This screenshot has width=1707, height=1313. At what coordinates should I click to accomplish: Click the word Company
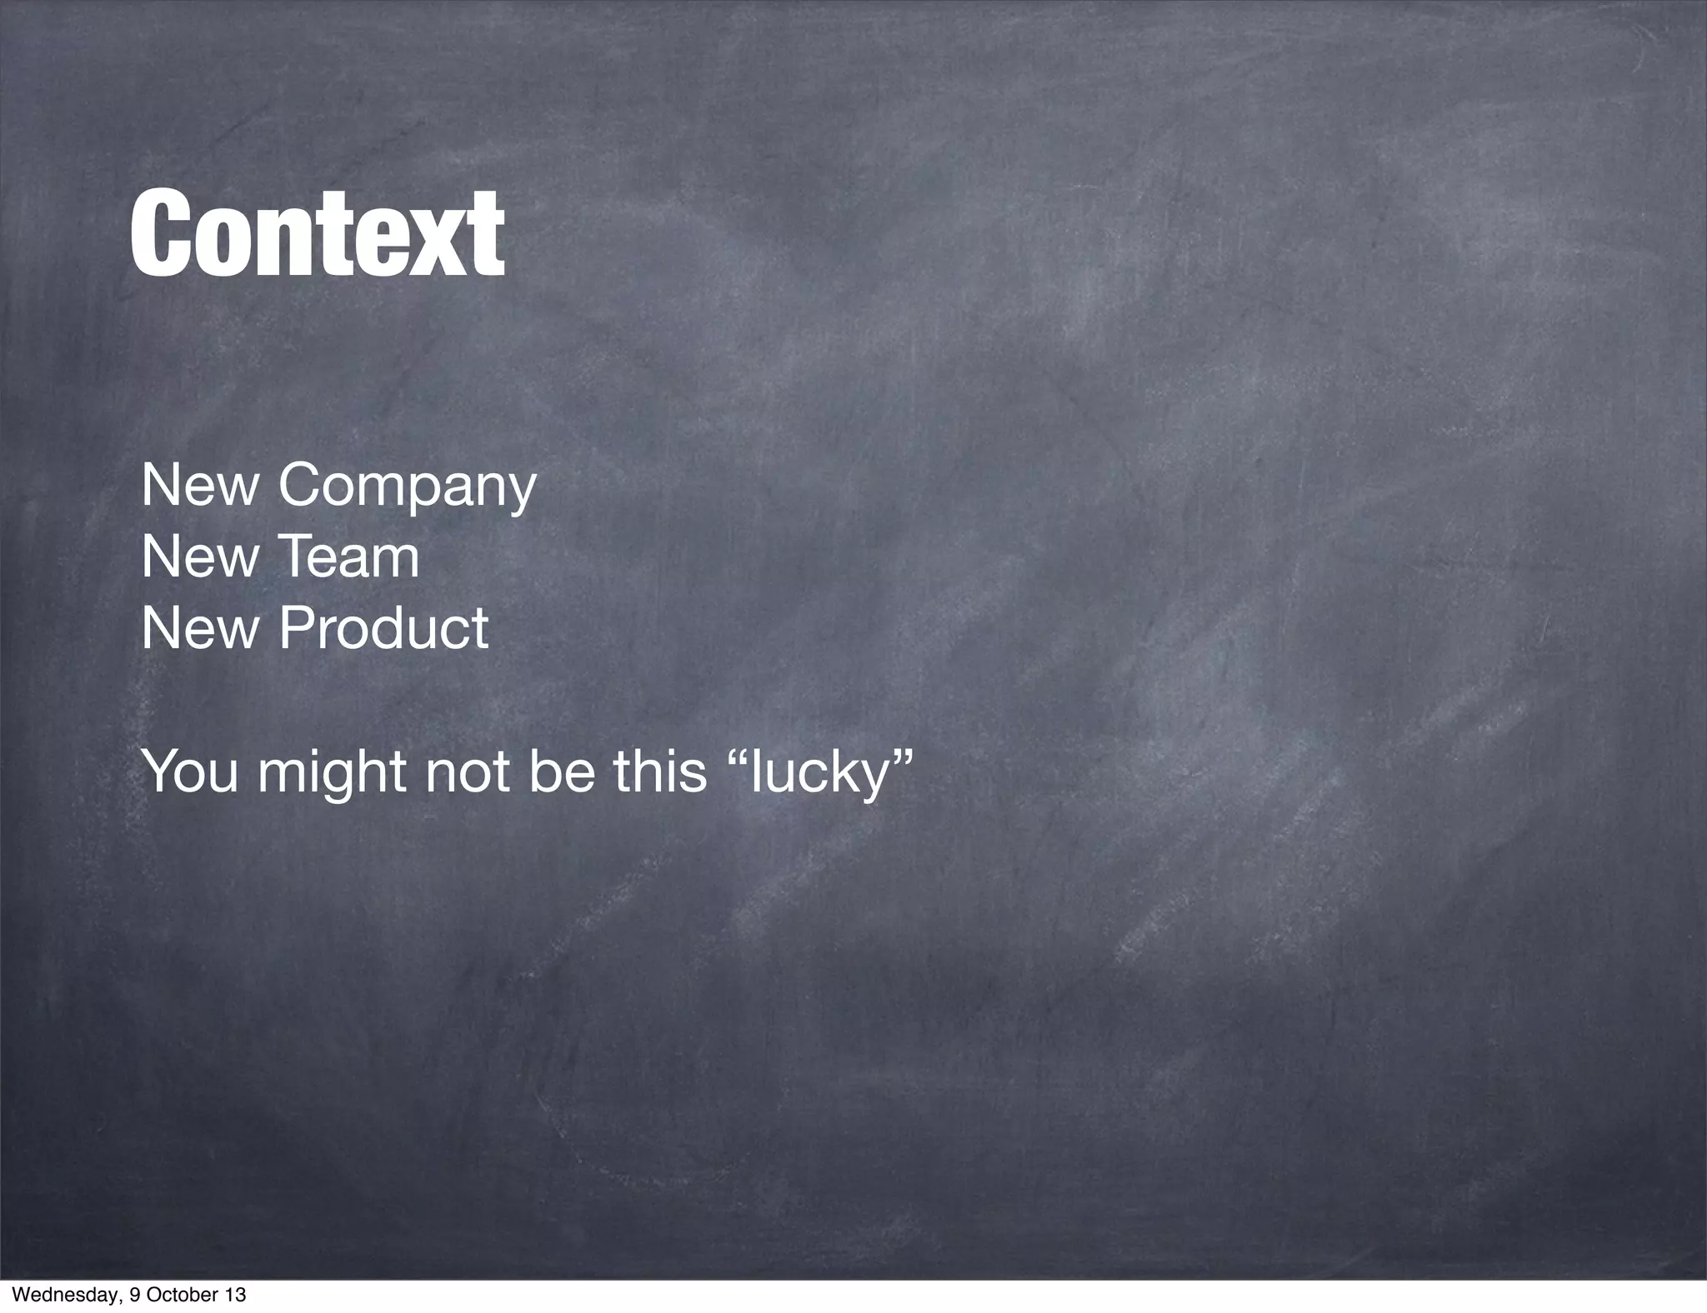[x=407, y=487]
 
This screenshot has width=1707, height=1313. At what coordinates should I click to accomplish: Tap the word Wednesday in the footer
[x=56, y=1296]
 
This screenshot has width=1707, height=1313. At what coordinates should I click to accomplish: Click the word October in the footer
[x=183, y=1296]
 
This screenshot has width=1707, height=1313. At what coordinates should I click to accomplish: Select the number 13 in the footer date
[x=236, y=1296]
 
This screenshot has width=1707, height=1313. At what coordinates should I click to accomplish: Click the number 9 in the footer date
[x=137, y=1296]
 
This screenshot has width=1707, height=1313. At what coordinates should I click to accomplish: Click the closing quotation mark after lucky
[x=900, y=756]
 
